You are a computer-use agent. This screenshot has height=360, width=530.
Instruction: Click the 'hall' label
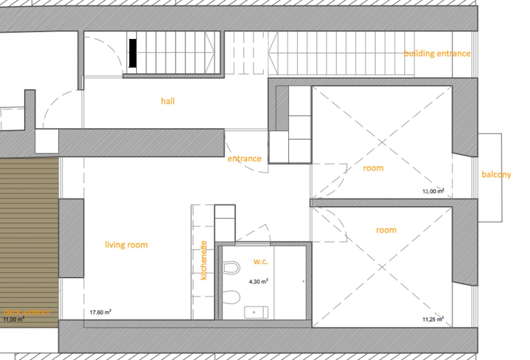168,101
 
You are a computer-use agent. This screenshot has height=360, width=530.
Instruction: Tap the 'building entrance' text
437,53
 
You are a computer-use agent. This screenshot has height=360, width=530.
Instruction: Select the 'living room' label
126,245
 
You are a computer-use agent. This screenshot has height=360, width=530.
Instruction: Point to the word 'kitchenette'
204,260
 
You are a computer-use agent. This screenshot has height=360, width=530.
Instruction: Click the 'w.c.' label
261,262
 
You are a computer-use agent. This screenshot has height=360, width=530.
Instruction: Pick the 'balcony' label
496,175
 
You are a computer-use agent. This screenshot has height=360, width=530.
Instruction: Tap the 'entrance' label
245,159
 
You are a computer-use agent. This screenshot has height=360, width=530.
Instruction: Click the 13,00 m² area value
433,191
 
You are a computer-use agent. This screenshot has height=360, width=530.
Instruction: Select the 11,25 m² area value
433,319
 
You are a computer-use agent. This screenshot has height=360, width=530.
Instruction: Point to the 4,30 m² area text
259,281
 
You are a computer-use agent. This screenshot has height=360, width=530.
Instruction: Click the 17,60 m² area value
100,312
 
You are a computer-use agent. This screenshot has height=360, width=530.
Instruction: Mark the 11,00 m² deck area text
13,319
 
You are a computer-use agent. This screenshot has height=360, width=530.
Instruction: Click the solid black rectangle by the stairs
133,53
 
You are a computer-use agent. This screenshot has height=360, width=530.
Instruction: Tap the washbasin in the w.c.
256,312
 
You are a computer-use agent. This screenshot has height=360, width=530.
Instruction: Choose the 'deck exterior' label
27,312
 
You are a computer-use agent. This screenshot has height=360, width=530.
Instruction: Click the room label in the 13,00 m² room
373,168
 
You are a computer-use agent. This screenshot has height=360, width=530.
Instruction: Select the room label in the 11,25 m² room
386,230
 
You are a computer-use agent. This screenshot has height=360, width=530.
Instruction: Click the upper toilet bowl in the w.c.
232,268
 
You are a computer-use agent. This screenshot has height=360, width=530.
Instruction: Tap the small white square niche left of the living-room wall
47,141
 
